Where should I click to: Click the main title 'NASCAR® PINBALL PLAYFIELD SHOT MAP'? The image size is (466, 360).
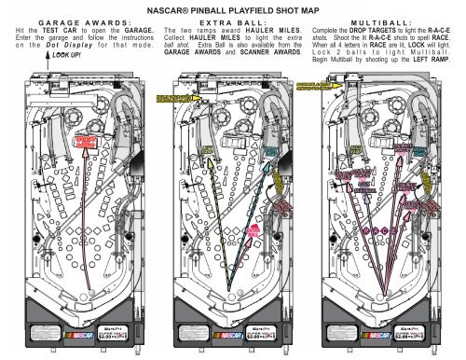point(232,9)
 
